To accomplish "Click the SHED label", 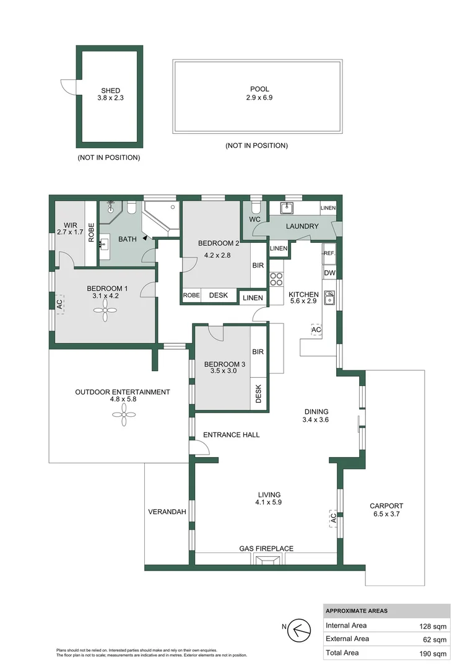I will click(x=111, y=90).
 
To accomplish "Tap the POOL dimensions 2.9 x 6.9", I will click(x=259, y=98).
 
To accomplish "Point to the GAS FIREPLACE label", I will click(x=266, y=549).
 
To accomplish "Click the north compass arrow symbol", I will click(x=300, y=630).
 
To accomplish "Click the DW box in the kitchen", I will click(x=329, y=273).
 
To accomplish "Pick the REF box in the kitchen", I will click(x=329, y=253).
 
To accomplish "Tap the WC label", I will click(x=254, y=219).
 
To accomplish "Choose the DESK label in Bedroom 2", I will click(x=219, y=296).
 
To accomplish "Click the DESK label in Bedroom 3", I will click(x=259, y=395).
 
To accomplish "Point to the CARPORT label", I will click(x=386, y=505).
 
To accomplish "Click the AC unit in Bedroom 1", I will click(x=60, y=304).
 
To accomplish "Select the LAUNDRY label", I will click(x=302, y=227).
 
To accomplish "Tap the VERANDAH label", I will click(x=167, y=512).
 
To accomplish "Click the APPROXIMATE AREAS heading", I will click(x=357, y=611).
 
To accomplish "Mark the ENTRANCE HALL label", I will click(x=233, y=435).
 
